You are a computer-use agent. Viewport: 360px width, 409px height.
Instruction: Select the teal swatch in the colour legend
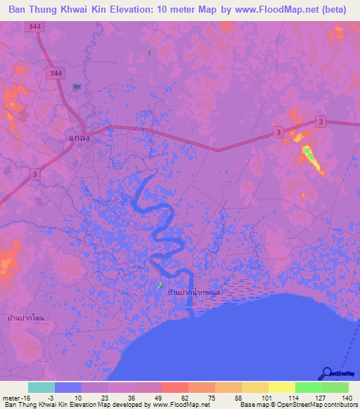coord(41,387)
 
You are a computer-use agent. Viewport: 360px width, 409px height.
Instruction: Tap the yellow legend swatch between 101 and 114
coord(282,387)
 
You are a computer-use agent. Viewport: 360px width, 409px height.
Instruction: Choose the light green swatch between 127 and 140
coord(335,387)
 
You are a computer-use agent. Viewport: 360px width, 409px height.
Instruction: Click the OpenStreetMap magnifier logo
coord(327,373)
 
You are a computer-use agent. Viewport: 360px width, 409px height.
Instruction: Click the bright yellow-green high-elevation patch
coord(310,157)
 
